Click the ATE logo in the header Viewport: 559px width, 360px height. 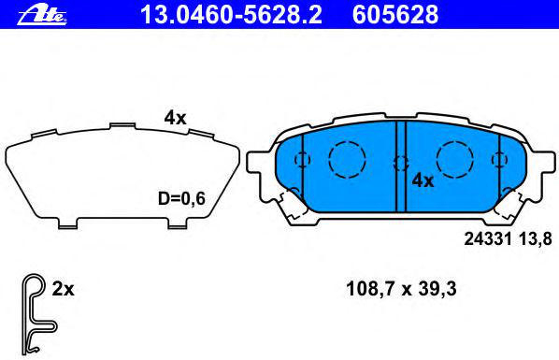click(42, 16)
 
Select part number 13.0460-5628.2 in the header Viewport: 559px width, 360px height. click(232, 15)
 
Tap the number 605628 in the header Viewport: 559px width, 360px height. click(395, 15)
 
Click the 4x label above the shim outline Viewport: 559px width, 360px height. click(175, 118)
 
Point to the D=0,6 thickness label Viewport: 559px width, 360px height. click(181, 198)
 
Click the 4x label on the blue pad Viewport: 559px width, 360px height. click(423, 180)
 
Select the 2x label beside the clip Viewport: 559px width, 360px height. click(64, 289)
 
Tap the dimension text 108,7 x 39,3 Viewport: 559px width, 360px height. click(401, 289)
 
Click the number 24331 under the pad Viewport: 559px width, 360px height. click(488, 238)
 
